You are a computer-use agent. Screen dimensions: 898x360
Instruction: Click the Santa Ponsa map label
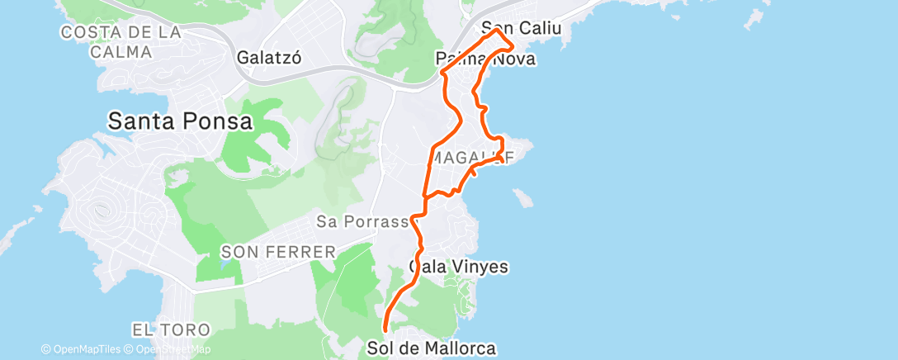coord(180,121)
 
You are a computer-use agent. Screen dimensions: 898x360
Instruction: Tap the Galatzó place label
coord(266,59)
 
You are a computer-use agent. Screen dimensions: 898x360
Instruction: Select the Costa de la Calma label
coord(120,42)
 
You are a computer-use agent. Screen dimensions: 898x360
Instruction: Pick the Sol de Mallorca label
coord(432,348)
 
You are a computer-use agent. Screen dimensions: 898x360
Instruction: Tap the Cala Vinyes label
coord(459,267)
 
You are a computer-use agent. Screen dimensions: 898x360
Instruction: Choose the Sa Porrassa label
coord(364,221)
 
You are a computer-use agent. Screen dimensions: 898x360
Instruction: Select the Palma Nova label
coord(485,59)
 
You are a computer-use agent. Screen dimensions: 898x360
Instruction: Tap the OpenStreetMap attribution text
coord(169,349)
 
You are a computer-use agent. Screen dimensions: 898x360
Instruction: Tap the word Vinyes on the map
coord(480,267)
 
